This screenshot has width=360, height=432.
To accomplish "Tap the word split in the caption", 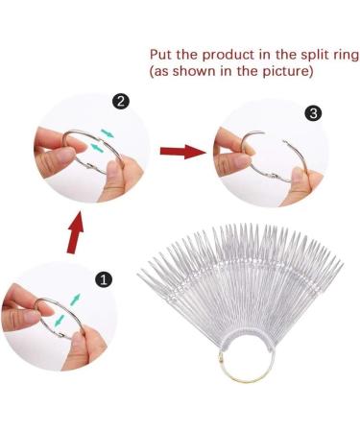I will coord(306,55).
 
